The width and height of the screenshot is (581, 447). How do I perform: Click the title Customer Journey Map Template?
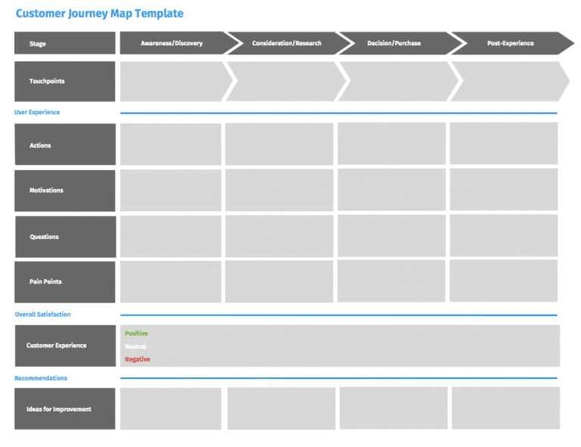99,14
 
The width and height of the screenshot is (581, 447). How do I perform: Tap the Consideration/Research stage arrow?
287,43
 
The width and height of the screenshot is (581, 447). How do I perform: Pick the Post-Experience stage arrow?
511,43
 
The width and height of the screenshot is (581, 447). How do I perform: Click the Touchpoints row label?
65,81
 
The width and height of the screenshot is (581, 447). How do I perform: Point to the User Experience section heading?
36,112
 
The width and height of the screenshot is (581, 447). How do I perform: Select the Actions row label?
65,144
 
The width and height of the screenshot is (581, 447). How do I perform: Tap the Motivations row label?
65,191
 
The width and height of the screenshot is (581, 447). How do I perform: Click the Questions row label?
66,237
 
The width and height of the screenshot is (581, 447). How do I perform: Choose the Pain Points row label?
65,282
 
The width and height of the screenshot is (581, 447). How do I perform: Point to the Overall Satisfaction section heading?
42,315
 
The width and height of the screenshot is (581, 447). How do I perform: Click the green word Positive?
136,334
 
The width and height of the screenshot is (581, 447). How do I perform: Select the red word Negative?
138,359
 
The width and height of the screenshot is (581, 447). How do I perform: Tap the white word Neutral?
135,346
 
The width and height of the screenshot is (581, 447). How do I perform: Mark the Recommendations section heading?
41,378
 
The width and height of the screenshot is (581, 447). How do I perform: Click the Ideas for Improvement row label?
65,409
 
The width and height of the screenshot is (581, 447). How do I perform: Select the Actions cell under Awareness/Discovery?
170,144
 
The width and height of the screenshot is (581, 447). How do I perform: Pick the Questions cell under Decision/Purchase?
392,235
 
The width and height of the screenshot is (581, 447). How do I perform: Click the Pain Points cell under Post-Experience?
504,281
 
